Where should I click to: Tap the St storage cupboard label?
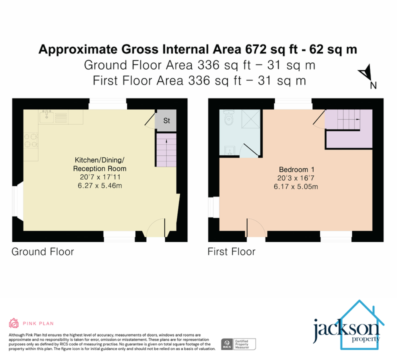(166, 120)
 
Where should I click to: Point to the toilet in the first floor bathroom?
(229, 119)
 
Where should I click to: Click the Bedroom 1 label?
(296, 169)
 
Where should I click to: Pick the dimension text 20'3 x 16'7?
(296, 178)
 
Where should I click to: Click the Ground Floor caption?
(43, 251)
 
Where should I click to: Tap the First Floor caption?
(231, 251)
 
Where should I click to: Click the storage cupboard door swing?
(149, 119)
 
